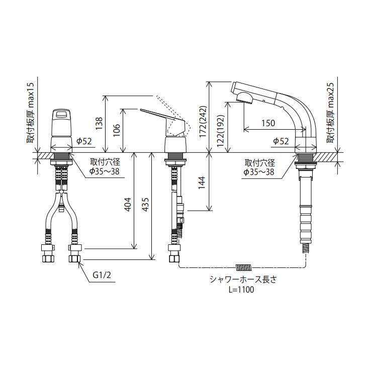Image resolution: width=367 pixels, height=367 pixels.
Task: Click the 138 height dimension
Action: coord(99,124)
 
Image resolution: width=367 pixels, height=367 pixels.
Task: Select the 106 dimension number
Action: coord(116,130)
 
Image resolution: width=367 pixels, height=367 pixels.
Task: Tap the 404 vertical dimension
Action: coord(128,205)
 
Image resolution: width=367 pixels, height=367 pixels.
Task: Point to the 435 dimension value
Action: coord(145,205)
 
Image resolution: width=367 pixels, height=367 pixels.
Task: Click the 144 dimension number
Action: coord(201,183)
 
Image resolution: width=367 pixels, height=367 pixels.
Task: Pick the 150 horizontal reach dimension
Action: coord(268,123)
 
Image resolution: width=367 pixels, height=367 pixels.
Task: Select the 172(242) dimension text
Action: coord(203,122)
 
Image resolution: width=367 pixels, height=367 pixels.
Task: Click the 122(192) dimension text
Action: coord(221,131)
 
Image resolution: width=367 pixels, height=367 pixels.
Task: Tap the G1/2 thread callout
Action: coord(102,275)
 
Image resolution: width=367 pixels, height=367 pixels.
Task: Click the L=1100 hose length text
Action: coord(241,290)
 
